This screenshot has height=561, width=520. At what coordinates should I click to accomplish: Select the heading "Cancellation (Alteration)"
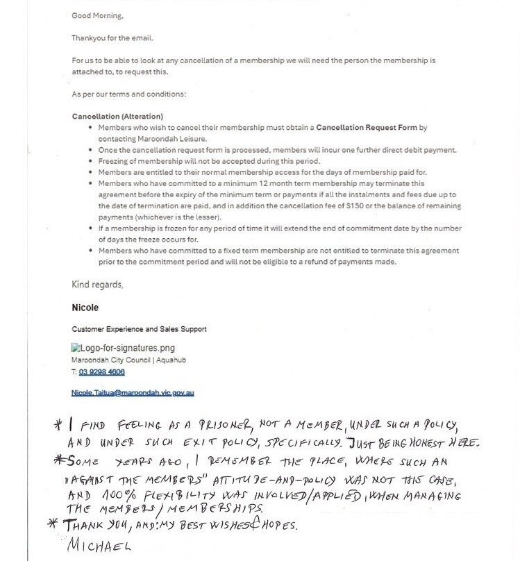[x=117, y=117]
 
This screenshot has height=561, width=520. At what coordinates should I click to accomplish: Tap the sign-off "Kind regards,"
[x=98, y=285]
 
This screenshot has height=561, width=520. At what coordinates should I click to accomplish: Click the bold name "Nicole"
[x=86, y=307]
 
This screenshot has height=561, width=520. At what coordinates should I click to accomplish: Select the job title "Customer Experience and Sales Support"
[x=139, y=329]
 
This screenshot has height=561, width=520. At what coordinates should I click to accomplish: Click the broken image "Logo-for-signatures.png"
[x=123, y=348]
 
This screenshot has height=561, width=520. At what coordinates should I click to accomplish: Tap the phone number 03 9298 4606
[x=106, y=372]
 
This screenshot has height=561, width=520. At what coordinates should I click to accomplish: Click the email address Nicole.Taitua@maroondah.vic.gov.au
[x=133, y=392]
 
